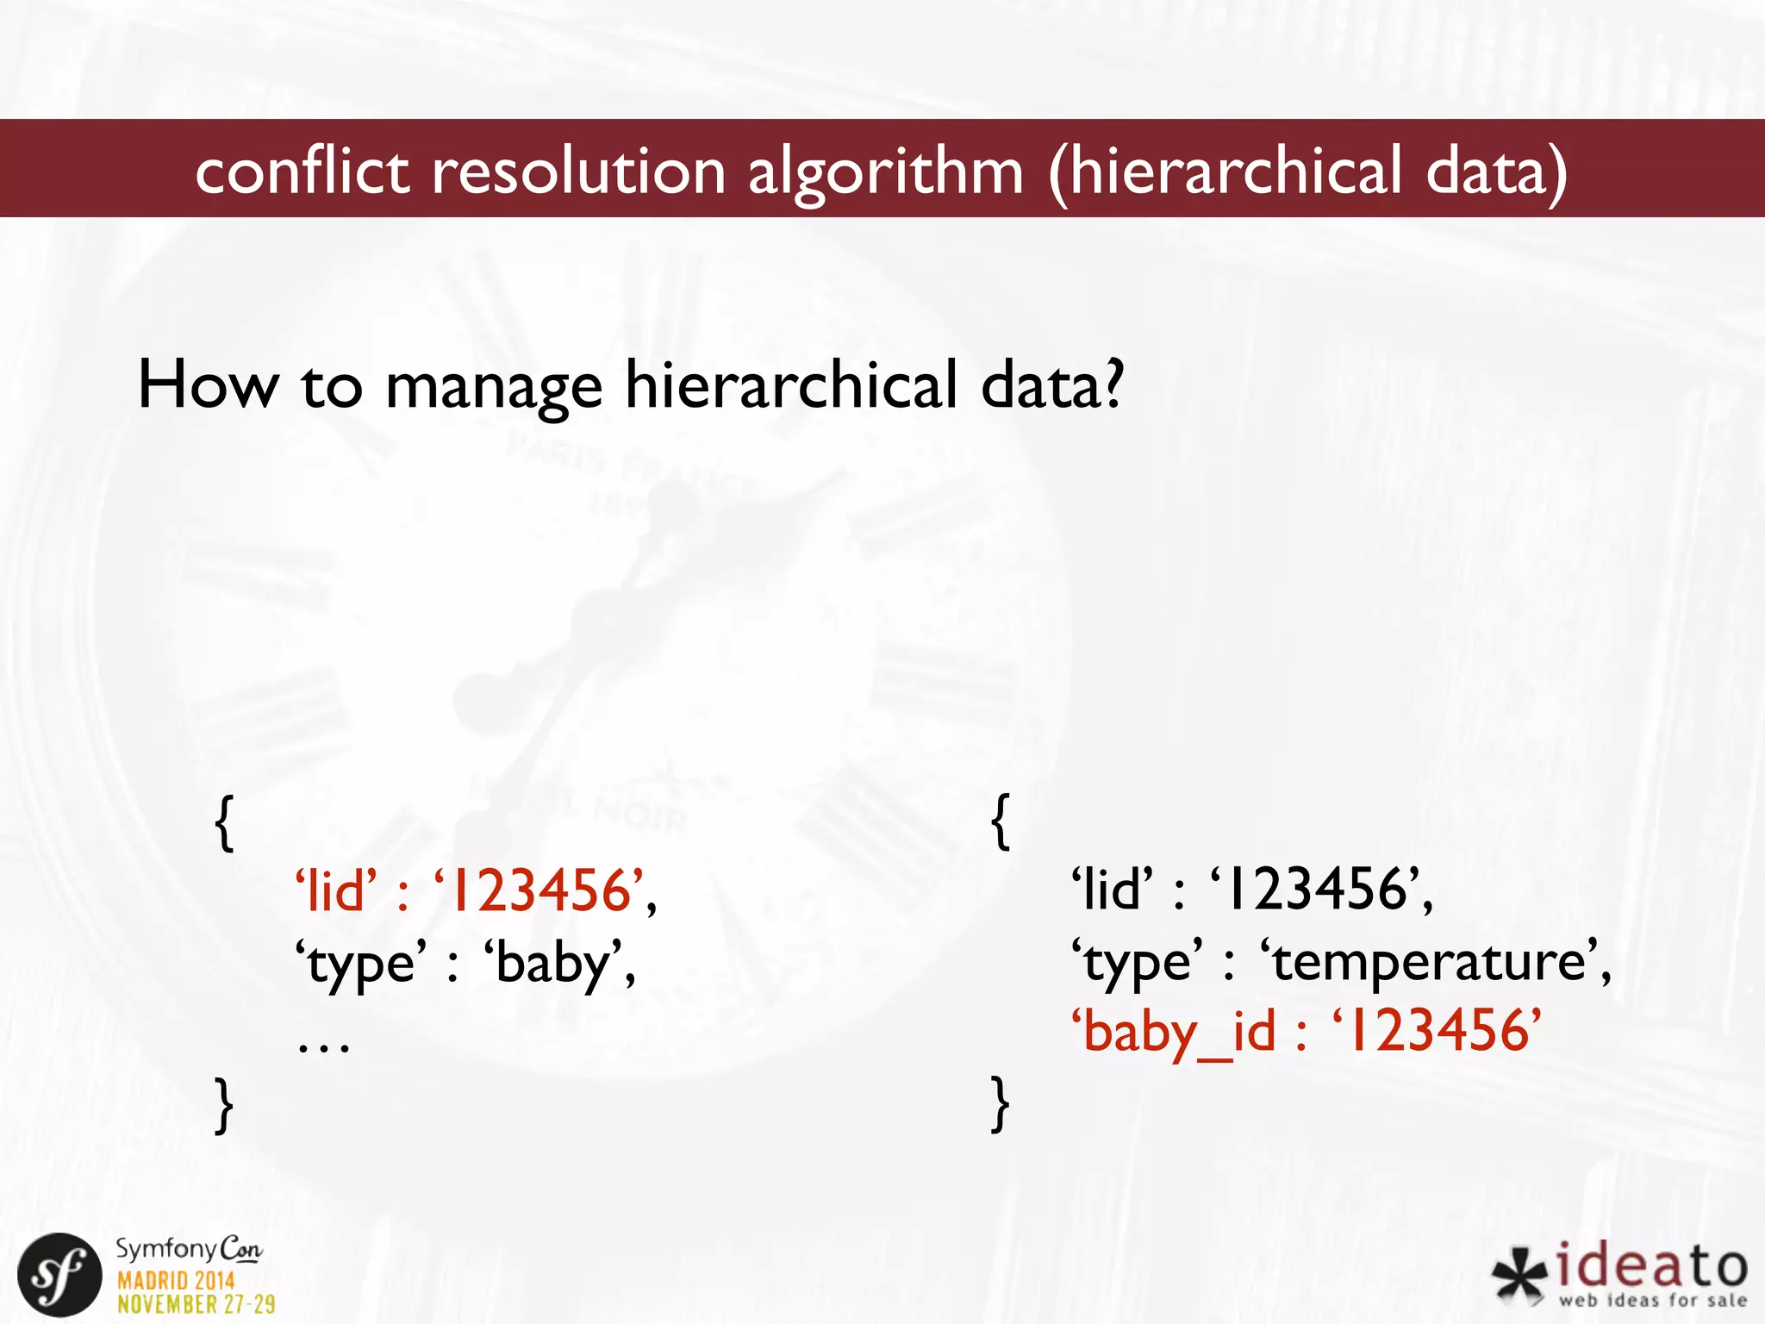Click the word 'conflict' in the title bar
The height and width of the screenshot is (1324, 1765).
click(302, 171)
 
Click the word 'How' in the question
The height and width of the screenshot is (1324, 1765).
click(208, 385)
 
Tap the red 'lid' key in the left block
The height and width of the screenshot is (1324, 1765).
click(335, 890)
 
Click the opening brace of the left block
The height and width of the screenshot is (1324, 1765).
click(224, 823)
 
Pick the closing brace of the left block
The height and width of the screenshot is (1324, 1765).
click(224, 1104)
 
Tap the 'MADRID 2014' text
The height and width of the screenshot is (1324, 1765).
click(176, 1280)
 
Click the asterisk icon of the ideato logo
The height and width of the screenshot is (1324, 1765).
click(1520, 1275)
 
